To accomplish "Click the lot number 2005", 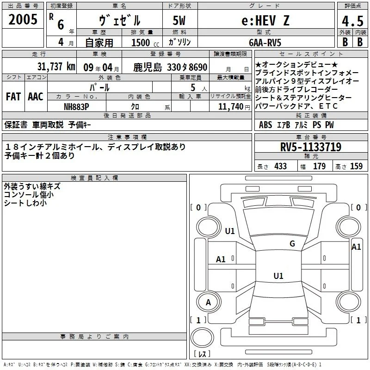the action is [23, 19].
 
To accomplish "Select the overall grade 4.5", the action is [352, 21].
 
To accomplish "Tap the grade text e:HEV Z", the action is [265, 20].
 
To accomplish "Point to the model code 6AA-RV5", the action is [265, 43].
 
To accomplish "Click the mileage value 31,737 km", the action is [56, 67].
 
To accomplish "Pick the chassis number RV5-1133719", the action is [311, 147].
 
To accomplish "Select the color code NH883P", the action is [76, 107].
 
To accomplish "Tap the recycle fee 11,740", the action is [230, 107].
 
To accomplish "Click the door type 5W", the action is [179, 20].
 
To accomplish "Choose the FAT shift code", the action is [13, 97].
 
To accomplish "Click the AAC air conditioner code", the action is [36, 97].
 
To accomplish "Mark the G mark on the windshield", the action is [292, 244].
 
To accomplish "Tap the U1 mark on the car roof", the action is [278, 276].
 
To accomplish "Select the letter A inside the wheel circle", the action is [208, 302].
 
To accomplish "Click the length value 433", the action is [280, 166].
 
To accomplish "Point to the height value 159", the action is [356, 166].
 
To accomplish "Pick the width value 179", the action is [319, 166].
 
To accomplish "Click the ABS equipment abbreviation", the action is [265, 125].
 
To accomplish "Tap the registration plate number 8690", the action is [198, 68].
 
